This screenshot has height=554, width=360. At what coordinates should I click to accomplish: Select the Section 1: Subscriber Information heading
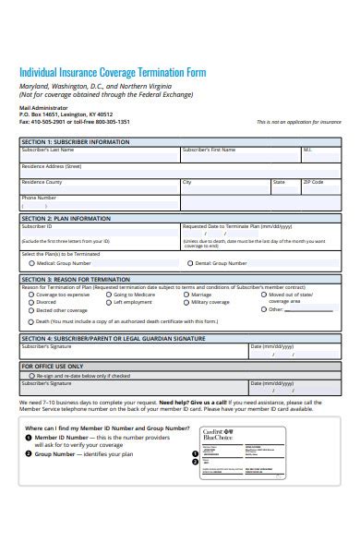75,142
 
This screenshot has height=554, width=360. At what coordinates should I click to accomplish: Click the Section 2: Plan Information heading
66,219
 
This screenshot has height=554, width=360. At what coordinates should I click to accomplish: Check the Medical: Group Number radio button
31,263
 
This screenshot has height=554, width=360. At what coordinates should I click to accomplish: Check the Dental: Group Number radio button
190,263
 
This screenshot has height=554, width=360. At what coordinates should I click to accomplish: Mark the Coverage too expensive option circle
31,295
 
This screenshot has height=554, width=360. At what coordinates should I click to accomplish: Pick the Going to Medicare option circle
109,295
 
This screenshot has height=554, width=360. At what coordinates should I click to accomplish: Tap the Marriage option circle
186,295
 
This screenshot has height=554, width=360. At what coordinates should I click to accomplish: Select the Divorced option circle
31,302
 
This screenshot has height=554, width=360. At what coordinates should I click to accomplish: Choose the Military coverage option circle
186,302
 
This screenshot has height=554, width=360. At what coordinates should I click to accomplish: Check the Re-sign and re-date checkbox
31,377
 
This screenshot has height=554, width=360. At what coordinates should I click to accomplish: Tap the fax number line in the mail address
75,122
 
